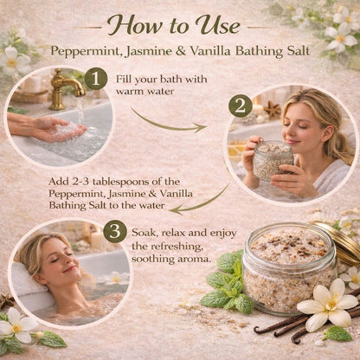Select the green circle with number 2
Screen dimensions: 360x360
point(240,106)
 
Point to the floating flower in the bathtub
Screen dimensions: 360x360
point(113,279)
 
